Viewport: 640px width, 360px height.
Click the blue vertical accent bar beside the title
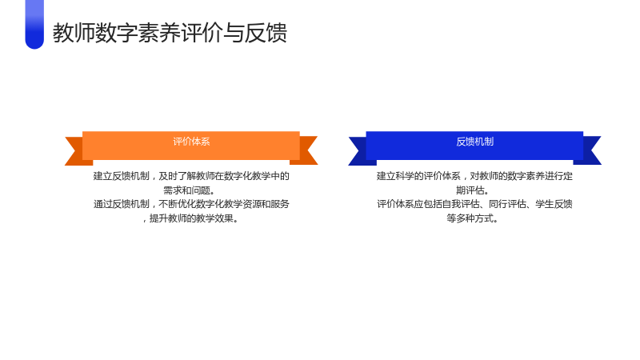[x=34, y=24]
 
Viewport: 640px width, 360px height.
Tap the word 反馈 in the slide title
[x=266, y=33]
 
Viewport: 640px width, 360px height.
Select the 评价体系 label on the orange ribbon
[x=191, y=142]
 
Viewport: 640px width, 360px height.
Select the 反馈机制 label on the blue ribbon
[x=474, y=142]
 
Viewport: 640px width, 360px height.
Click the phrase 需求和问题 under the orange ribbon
[x=186, y=190]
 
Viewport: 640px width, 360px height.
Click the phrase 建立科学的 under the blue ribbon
[x=399, y=176]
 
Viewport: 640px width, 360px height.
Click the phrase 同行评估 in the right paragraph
[x=507, y=204]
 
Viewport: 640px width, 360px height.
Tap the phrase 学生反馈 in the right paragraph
[x=554, y=204]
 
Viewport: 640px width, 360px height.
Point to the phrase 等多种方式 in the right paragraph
[x=470, y=218]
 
